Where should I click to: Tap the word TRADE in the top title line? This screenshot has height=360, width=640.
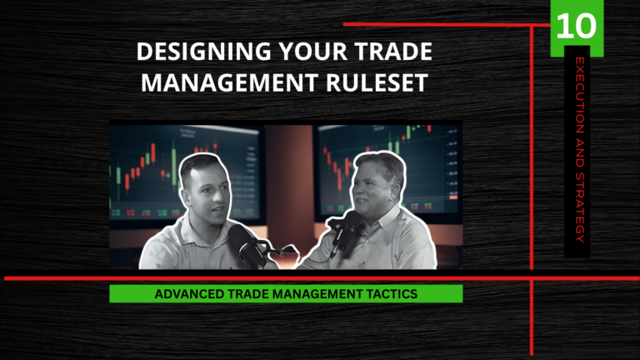[393, 52]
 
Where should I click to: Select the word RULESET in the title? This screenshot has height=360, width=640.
[377, 82]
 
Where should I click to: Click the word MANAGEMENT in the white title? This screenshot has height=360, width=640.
[229, 82]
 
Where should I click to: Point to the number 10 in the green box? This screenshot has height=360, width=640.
[577, 26]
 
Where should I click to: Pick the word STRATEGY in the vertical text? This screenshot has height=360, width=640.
[580, 207]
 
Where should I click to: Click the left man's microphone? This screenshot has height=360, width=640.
[245, 245]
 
